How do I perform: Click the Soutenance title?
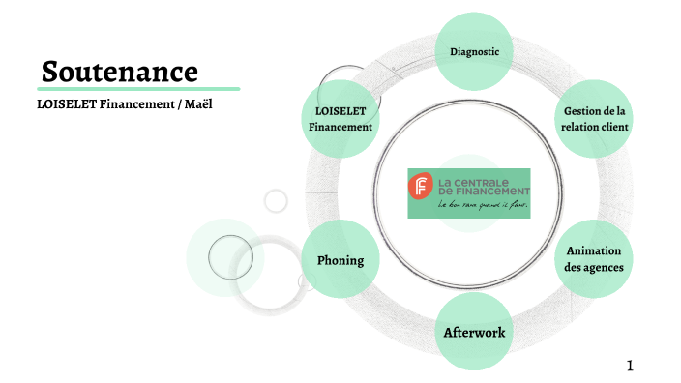(x=120, y=71)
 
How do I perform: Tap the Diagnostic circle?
(x=474, y=50)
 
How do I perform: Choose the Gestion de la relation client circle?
(x=594, y=119)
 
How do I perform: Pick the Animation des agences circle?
(x=593, y=258)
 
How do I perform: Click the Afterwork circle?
(x=474, y=333)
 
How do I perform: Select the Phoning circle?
(x=340, y=259)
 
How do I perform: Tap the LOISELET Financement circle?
(x=340, y=119)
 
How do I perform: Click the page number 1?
(x=629, y=365)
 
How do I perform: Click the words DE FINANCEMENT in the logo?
(x=483, y=191)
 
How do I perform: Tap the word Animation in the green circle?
(x=593, y=250)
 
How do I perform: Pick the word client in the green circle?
(x=615, y=127)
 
